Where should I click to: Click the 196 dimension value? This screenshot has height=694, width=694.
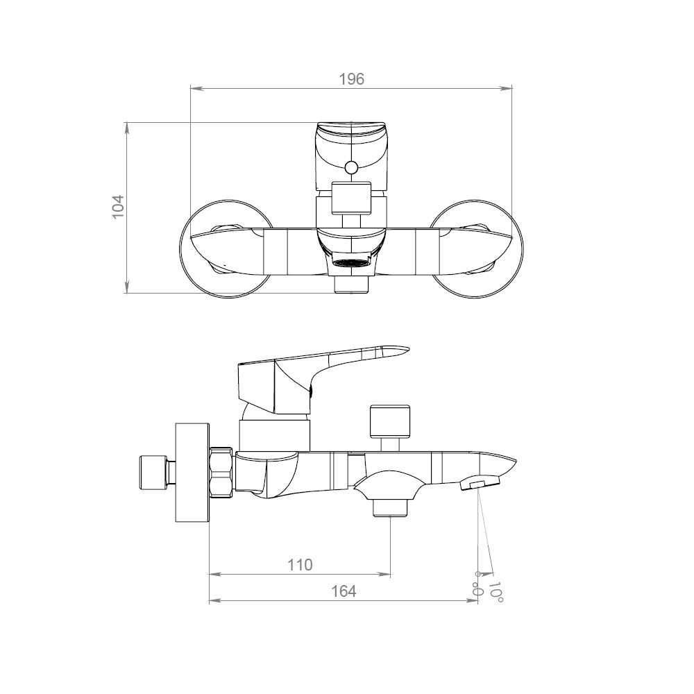coord(351,79)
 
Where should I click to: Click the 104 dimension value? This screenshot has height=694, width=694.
coord(118,206)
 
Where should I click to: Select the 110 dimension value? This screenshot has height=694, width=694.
coord(300,565)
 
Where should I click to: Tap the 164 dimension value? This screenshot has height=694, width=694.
coord(344,591)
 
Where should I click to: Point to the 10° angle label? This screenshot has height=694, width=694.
coord(496,591)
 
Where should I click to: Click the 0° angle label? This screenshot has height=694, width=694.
coord(477,584)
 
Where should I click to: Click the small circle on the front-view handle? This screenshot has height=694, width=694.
coord(351,168)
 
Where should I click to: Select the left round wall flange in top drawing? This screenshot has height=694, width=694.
coord(226,248)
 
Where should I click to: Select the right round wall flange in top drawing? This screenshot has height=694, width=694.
coord(477,248)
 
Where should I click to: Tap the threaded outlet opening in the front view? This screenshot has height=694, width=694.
coord(351,262)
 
